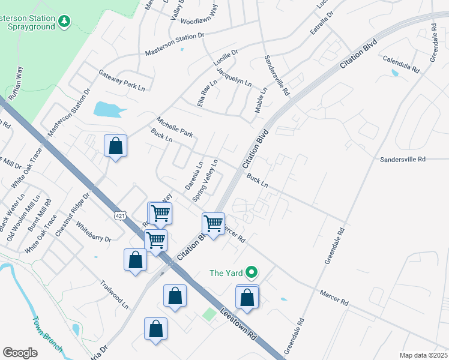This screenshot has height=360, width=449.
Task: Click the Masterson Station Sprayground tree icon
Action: [x=64, y=22]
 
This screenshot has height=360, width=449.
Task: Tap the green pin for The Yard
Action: [x=252, y=272]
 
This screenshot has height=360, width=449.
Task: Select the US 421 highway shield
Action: [x=120, y=214]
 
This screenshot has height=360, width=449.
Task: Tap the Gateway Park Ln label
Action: [x=122, y=81]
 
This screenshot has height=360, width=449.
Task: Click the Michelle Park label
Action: [x=174, y=126]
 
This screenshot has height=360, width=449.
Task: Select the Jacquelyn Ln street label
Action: [x=234, y=77]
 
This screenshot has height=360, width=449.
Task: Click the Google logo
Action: [x=20, y=353]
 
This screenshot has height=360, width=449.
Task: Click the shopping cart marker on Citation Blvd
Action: [x=214, y=223]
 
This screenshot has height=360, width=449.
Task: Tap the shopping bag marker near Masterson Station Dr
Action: [x=115, y=146]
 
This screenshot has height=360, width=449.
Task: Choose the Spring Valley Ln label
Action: [x=205, y=180]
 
